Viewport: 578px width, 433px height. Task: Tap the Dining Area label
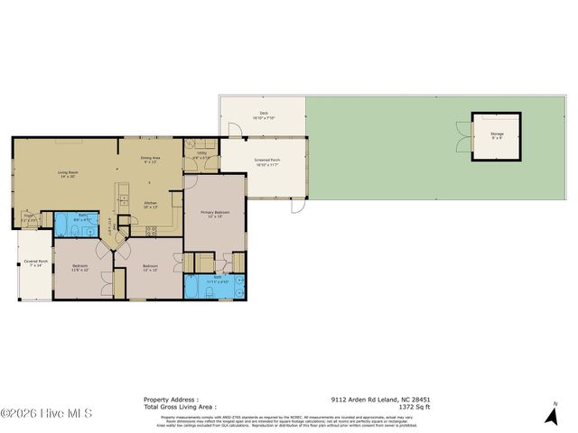coord(150,161)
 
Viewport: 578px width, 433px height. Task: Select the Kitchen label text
coord(151,205)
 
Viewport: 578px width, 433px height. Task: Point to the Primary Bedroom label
coord(214,214)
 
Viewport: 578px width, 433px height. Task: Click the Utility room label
coord(202,155)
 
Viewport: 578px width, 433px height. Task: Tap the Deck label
coord(265,115)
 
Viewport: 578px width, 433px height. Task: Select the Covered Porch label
coord(35,263)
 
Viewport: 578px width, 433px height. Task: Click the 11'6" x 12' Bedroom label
coord(79,268)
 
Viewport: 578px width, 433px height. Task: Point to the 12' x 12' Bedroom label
coord(150,268)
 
